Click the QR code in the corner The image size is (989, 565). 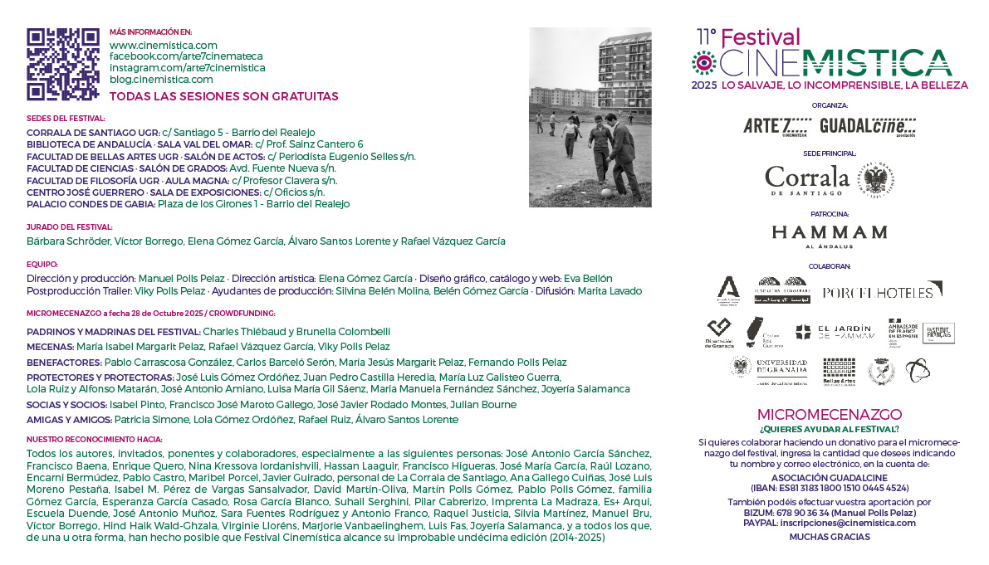click(63, 64)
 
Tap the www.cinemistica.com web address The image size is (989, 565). click(164, 46)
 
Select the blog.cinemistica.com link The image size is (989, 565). click(161, 80)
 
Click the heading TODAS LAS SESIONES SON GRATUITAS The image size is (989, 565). click(224, 96)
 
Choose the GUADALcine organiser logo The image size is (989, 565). click(867, 126)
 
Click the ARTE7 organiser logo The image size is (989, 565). click(777, 126)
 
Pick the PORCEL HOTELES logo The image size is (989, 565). click(882, 291)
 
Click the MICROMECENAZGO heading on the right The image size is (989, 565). click(830, 415)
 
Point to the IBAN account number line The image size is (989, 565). click(830, 489)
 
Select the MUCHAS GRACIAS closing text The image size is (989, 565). click(830, 537)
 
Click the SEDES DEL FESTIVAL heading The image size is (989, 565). click(66, 119)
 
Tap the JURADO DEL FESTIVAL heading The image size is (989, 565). click(70, 227)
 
